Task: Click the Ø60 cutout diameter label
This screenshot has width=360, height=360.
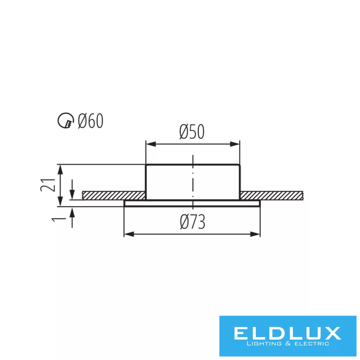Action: tap(91, 121)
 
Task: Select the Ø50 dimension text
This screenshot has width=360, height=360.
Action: tap(192, 132)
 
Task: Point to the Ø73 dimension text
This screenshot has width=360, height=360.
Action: tap(193, 222)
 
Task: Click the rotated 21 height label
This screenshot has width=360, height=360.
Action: tap(48, 185)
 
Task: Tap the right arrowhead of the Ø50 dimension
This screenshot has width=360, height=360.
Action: tap(234, 144)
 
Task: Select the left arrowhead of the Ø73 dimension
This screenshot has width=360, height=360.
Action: tap(129, 234)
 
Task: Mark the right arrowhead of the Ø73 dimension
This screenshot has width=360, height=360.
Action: tap(255, 234)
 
